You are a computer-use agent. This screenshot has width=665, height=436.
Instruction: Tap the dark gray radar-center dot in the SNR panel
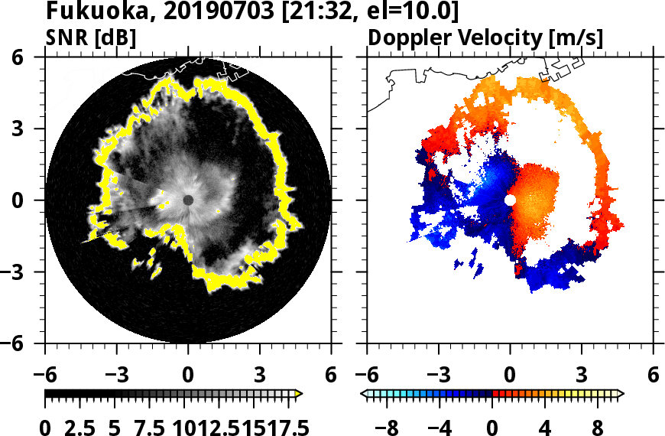click(188, 200)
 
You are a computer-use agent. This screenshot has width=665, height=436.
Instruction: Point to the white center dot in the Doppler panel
click(510, 200)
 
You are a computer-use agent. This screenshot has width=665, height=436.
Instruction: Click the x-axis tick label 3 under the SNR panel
click(260, 376)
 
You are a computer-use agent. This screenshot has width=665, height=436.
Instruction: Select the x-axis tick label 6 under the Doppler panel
click(654, 376)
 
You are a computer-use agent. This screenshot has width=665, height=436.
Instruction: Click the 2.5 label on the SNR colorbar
click(80, 426)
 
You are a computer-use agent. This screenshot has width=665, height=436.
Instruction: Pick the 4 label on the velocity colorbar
click(545, 426)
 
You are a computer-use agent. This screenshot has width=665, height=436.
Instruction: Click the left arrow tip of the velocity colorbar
click(363, 394)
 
